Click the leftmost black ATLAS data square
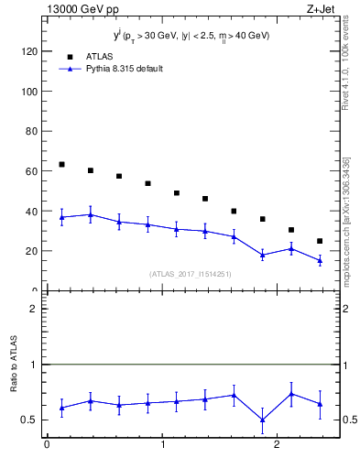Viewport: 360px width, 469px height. coord(61,165)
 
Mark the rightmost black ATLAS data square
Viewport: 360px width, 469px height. coord(320,241)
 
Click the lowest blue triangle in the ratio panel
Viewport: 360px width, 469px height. coord(262,420)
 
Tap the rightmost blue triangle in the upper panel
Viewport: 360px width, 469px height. coord(320,260)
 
